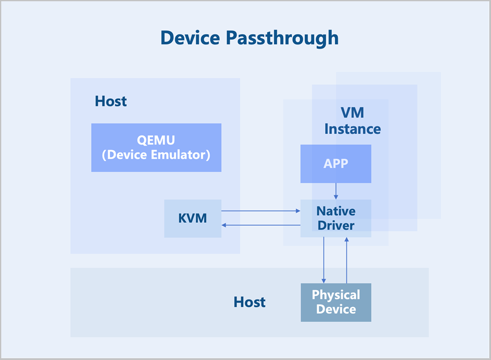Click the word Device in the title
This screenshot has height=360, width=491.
pyautogui.click(x=190, y=38)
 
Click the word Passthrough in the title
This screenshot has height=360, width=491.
pyautogui.click(x=282, y=39)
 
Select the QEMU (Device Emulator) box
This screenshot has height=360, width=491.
pyautogui.click(x=156, y=147)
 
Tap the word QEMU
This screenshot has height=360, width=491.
pyautogui.click(x=156, y=140)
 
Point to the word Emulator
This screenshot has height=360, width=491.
pyautogui.click(x=180, y=155)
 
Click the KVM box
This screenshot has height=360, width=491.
pyautogui.click(x=193, y=218)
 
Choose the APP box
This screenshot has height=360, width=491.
pyautogui.click(x=336, y=164)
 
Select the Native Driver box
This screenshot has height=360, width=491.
pyautogui.click(x=336, y=218)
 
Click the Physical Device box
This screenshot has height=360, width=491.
pyautogui.click(x=336, y=302)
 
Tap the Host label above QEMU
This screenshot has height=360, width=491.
pyautogui.click(x=111, y=101)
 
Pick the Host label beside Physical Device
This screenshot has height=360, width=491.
pyautogui.click(x=250, y=302)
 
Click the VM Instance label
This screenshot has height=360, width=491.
pyautogui.click(x=352, y=121)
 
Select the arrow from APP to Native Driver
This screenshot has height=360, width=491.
pyautogui.click(x=336, y=191)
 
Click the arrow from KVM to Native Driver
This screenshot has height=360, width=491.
pyautogui.click(x=261, y=211)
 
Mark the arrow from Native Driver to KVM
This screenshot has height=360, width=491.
pyautogui.click(x=261, y=225)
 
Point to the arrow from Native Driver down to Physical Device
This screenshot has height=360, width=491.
pyautogui.click(x=324, y=260)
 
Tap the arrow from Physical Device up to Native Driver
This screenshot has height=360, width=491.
pyautogui.click(x=347, y=260)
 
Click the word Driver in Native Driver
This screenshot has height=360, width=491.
pyautogui.click(x=336, y=225)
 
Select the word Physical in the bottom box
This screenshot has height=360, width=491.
pyautogui.click(x=336, y=295)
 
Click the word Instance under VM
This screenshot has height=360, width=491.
pyautogui.click(x=352, y=129)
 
